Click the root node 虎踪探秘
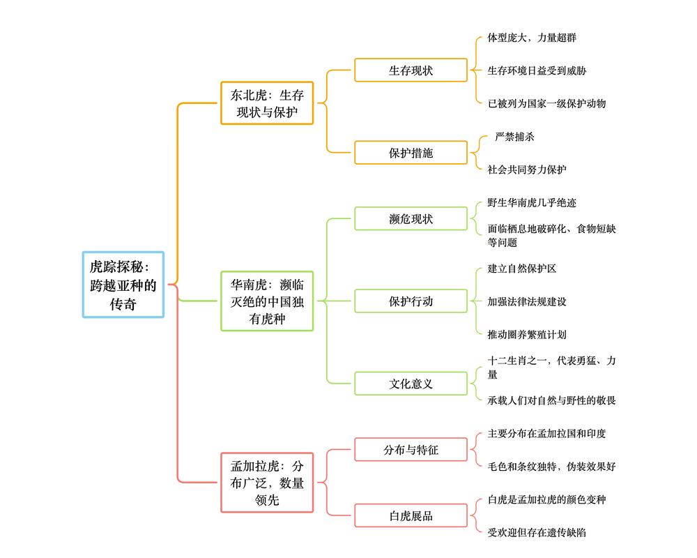point(123,285)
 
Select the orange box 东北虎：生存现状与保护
point(267,103)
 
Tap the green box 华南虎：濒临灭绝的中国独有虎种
point(267,301)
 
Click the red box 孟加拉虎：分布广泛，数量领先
point(267,482)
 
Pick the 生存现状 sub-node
point(411,70)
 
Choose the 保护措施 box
point(411,153)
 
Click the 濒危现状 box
point(411,218)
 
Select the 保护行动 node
point(411,301)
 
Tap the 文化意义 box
point(411,384)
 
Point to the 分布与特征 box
point(411,450)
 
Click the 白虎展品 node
point(411,515)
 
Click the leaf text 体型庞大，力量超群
point(532,38)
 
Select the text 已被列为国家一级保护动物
point(546,103)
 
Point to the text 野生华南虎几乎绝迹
point(532,202)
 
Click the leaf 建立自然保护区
point(521,269)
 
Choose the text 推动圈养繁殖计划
point(527,334)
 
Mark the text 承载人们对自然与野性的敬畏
point(551,400)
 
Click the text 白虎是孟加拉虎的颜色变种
point(546,499)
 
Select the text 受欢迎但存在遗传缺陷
point(537,532)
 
